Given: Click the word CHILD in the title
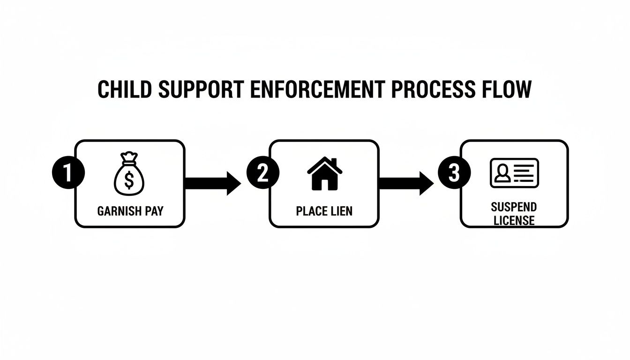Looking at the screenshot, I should [x=124, y=90].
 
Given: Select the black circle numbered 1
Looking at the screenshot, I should [x=67, y=173].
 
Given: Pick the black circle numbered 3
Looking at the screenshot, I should [x=454, y=173].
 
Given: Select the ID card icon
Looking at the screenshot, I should [x=514, y=173].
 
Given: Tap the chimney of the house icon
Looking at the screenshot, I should [x=334, y=162].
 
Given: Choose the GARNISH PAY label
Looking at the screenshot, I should [x=130, y=211].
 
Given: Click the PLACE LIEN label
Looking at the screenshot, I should [x=324, y=211].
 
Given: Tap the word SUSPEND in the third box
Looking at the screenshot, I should [x=514, y=207].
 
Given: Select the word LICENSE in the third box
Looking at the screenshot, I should [x=514, y=220].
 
